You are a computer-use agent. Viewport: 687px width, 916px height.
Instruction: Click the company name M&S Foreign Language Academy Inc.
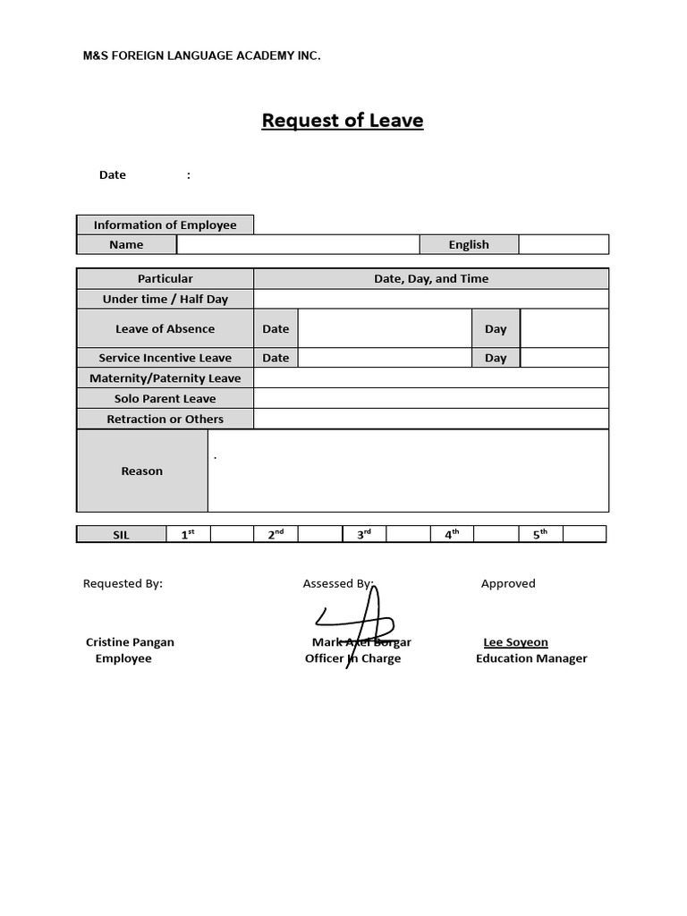pos(201,55)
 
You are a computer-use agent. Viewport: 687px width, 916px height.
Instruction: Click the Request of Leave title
pos(342,120)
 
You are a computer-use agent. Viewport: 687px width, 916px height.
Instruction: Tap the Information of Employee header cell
pos(165,225)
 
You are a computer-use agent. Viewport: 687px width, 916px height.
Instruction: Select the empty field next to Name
pos(299,244)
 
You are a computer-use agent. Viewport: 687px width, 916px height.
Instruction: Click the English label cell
pos(469,244)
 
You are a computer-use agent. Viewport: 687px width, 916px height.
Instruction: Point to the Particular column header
pos(165,278)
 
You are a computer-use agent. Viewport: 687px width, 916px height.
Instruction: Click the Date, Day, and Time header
pos(431,278)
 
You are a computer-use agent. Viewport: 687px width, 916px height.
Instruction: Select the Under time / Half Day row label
pos(165,299)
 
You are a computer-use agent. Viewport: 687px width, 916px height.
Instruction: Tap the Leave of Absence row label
pos(165,328)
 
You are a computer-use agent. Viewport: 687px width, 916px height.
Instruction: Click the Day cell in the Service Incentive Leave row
pos(496,358)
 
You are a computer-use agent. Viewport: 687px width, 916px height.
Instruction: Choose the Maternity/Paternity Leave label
pos(165,378)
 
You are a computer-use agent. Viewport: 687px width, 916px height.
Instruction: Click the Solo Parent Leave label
pos(165,399)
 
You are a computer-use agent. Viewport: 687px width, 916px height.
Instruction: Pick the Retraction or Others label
pos(165,419)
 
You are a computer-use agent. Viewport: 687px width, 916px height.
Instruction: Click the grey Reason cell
pos(142,471)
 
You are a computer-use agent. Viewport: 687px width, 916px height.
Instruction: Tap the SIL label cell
pos(122,534)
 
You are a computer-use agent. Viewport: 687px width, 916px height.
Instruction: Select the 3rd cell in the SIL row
pos(364,534)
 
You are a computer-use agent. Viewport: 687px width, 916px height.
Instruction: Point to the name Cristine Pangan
pos(130,642)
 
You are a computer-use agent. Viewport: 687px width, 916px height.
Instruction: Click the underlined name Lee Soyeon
pos(515,642)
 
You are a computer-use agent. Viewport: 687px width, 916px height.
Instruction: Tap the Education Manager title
pos(531,658)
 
